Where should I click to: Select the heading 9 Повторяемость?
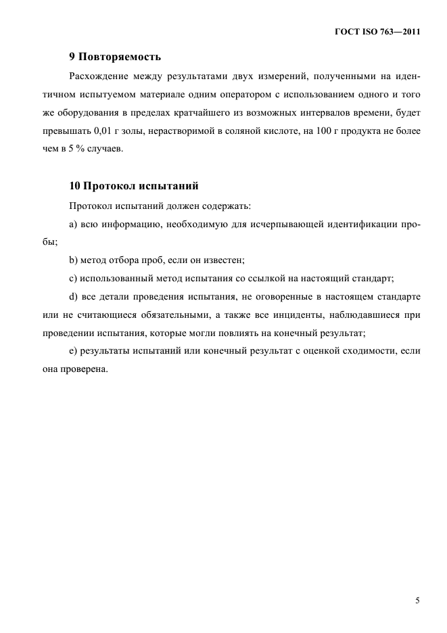115,56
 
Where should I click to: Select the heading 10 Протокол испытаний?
133,185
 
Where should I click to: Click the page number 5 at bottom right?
417,601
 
